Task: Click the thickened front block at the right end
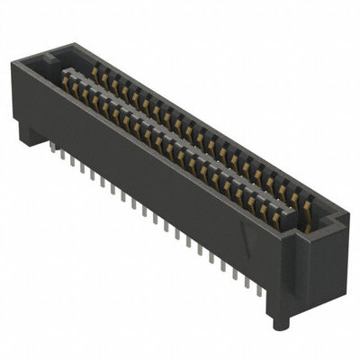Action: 283,270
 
